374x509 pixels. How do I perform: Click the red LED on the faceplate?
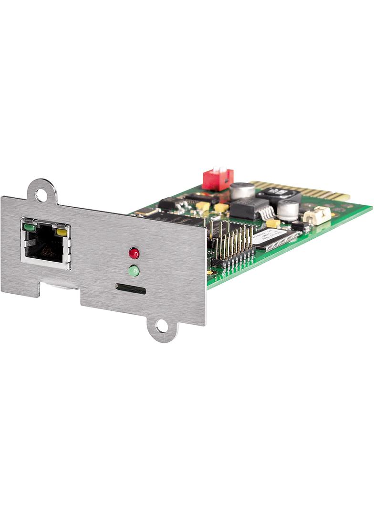[134, 253]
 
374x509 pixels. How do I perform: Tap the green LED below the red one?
[134, 271]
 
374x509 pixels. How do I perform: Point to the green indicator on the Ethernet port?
[30, 227]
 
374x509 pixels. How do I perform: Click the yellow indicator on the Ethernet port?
[62, 233]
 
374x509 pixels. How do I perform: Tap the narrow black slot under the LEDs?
[131, 288]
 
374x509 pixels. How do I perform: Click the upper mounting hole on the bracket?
[42, 194]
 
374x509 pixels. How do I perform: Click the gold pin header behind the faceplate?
[232, 244]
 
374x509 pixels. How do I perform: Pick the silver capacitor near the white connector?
[288, 210]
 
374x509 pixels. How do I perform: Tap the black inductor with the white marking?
[279, 194]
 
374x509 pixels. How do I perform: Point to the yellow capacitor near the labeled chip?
[273, 223]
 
